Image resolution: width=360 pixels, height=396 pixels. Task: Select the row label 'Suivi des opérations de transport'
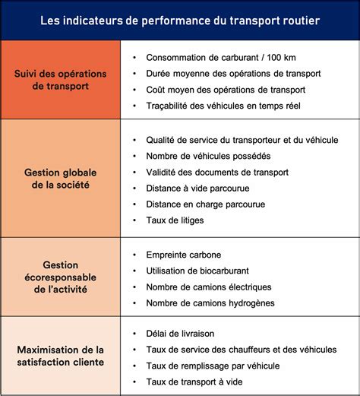(x=62, y=80)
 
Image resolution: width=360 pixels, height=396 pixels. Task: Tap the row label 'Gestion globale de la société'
(x=62, y=179)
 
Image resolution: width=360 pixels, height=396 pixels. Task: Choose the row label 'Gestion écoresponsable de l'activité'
(x=62, y=277)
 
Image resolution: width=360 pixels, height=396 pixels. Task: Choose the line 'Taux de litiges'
(x=175, y=220)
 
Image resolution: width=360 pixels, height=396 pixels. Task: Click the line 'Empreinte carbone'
(x=182, y=255)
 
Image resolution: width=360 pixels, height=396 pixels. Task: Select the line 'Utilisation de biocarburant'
(x=197, y=271)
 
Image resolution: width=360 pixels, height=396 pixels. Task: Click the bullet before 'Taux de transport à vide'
(x=134, y=382)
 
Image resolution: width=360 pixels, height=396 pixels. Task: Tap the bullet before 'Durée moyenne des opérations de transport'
(x=134, y=74)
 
